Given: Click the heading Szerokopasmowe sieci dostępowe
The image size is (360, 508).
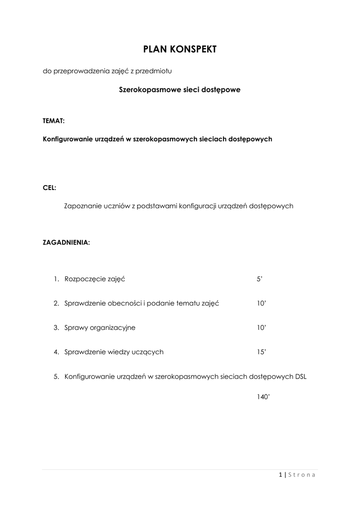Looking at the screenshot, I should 180,90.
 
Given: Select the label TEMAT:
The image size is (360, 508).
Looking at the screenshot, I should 54,121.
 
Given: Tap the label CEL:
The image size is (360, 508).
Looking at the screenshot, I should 50,188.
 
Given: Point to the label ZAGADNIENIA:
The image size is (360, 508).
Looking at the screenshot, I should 67,243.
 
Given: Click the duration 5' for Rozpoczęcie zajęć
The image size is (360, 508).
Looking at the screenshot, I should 259,279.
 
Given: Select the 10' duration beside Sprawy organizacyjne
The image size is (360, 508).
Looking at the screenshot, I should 261,327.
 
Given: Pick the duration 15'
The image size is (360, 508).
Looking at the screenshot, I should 261,352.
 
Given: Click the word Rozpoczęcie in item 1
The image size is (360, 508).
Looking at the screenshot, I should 85,279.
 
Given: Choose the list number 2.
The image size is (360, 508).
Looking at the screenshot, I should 56,303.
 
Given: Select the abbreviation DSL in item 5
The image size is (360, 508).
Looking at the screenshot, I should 301,376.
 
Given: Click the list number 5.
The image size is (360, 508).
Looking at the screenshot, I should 56,376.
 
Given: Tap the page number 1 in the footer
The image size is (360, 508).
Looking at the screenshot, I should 281,475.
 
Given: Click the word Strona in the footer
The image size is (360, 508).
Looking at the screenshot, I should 302,475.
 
